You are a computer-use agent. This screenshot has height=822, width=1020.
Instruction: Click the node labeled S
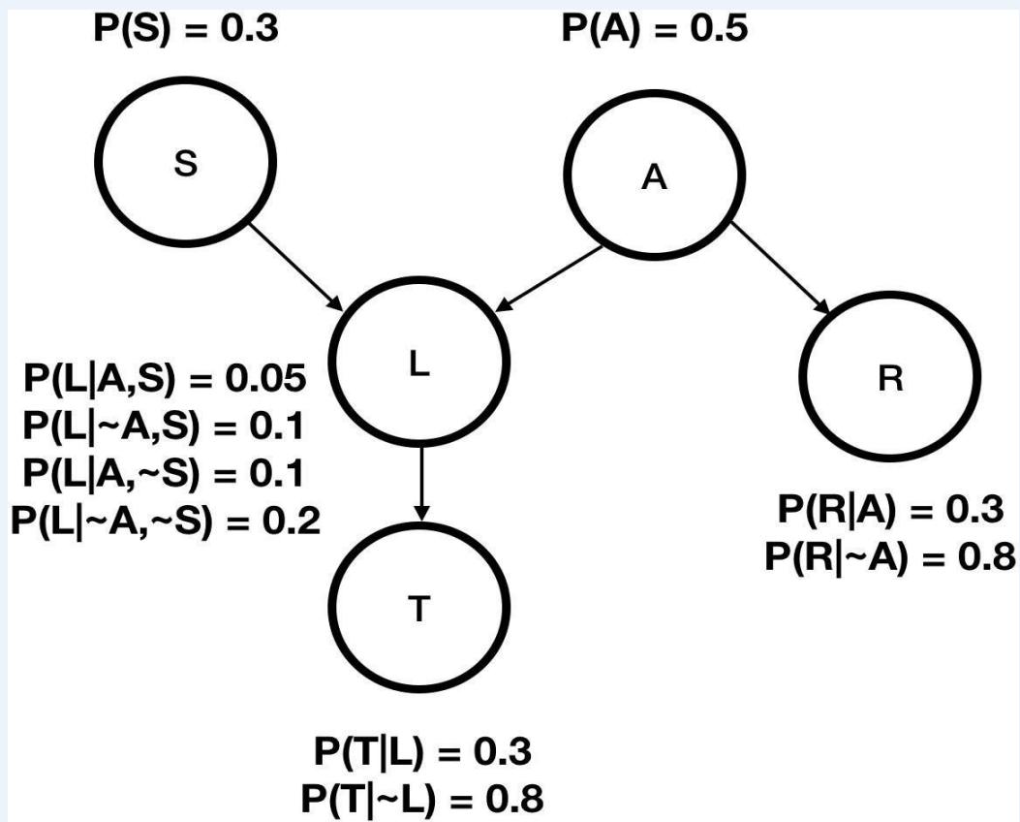click(187, 166)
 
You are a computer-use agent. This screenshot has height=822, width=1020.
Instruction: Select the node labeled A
click(655, 180)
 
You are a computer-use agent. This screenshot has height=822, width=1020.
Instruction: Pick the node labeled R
click(889, 380)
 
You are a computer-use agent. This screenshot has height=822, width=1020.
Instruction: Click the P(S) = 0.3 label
click(186, 26)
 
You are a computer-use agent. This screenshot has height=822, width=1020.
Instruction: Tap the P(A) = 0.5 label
click(656, 28)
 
